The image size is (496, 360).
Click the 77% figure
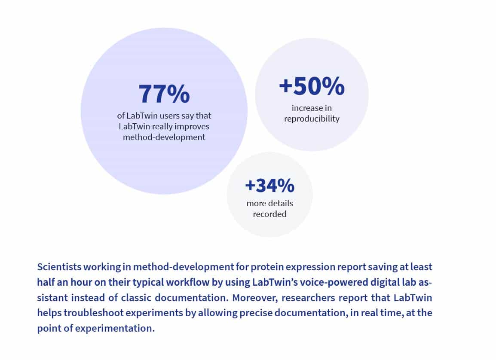click(164, 94)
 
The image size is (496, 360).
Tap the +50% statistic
click(312, 86)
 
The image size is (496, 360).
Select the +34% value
click(269, 186)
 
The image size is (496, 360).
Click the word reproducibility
click(312, 119)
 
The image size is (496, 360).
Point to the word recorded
click(269, 214)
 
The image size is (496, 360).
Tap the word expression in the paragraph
click(308, 267)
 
